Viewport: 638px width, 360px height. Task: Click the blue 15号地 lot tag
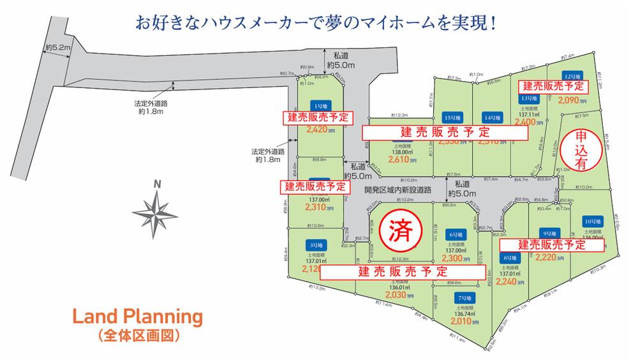452,117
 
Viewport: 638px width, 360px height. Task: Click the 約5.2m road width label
57,48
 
